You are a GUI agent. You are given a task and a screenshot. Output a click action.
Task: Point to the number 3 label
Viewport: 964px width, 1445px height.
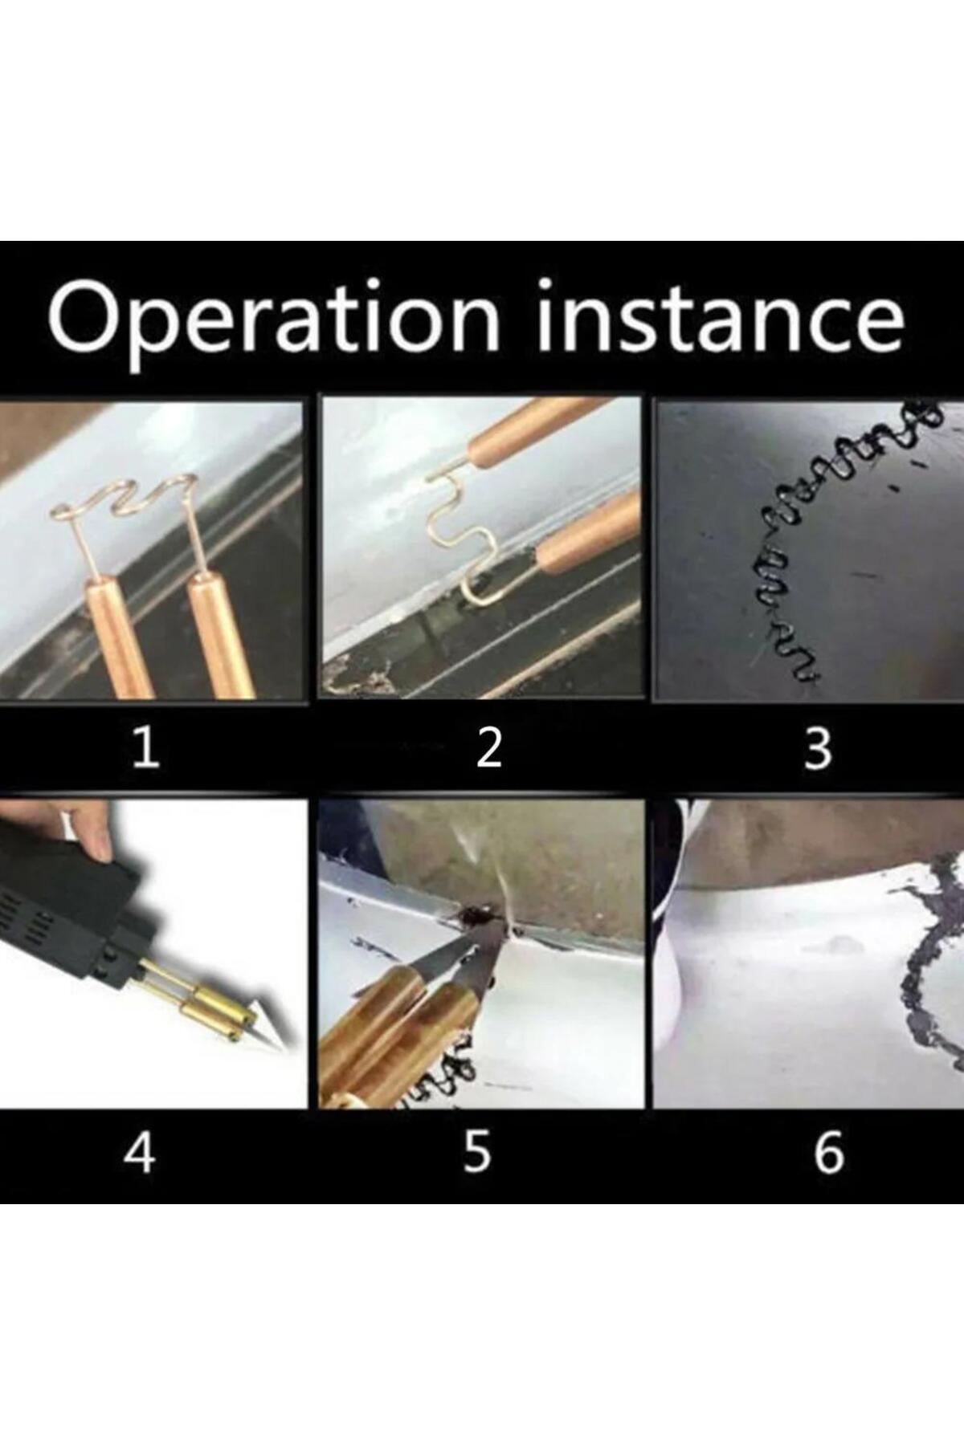[x=818, y=749]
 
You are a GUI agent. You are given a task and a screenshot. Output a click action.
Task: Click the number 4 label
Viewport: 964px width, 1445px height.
[x=139, y=1154]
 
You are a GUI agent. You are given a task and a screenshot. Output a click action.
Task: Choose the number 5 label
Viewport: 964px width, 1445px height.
[x=476, y=1154]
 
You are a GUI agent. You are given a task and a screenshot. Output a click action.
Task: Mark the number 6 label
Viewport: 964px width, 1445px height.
[x=829, y=1154]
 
